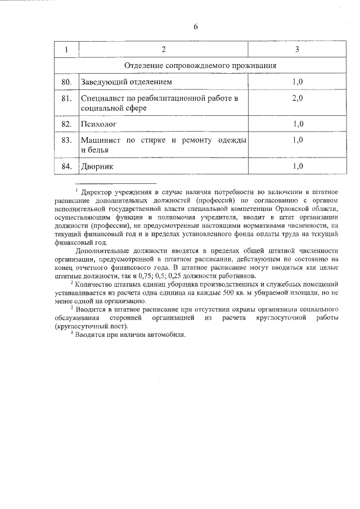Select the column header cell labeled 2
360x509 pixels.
[x=163, y=50]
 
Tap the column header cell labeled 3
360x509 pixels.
[x=297, y=50]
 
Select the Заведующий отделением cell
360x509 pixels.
[x=126, y=82]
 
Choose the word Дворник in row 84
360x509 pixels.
[x=97, y=166]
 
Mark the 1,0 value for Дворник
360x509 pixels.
[x=298, y=166]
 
